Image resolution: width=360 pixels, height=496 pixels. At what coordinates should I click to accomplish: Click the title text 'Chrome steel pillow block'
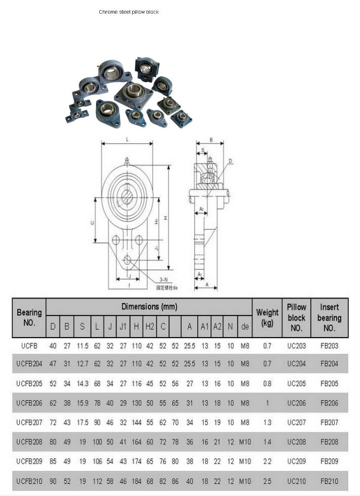point(129,12)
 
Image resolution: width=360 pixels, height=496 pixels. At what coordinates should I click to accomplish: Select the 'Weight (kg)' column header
point(267,318)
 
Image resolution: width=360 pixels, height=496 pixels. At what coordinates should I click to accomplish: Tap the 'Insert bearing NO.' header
point(329,318)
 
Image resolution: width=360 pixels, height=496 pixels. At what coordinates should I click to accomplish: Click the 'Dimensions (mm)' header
point(149,307)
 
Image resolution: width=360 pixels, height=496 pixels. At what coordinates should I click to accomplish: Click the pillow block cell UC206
point(297,403)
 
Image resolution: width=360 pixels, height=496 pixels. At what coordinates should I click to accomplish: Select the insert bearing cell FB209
point(329,462)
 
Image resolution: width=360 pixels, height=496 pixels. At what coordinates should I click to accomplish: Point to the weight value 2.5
point(267,481)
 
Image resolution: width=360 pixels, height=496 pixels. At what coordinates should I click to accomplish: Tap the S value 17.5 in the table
point(83,422)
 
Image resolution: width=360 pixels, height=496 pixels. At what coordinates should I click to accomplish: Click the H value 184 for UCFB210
point(136,481)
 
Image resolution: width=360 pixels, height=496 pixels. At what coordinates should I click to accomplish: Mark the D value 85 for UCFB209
point(53,462)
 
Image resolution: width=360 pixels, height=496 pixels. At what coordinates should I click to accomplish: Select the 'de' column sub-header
point(245,327)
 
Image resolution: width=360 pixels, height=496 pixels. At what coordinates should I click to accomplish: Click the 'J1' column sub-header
point(123,327)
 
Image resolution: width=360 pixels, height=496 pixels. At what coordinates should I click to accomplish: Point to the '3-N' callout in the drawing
point(164,280)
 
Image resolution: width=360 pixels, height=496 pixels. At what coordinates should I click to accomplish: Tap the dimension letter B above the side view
point(210,140)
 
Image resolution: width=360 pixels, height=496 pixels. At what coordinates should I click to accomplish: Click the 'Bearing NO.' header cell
point(29,318)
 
